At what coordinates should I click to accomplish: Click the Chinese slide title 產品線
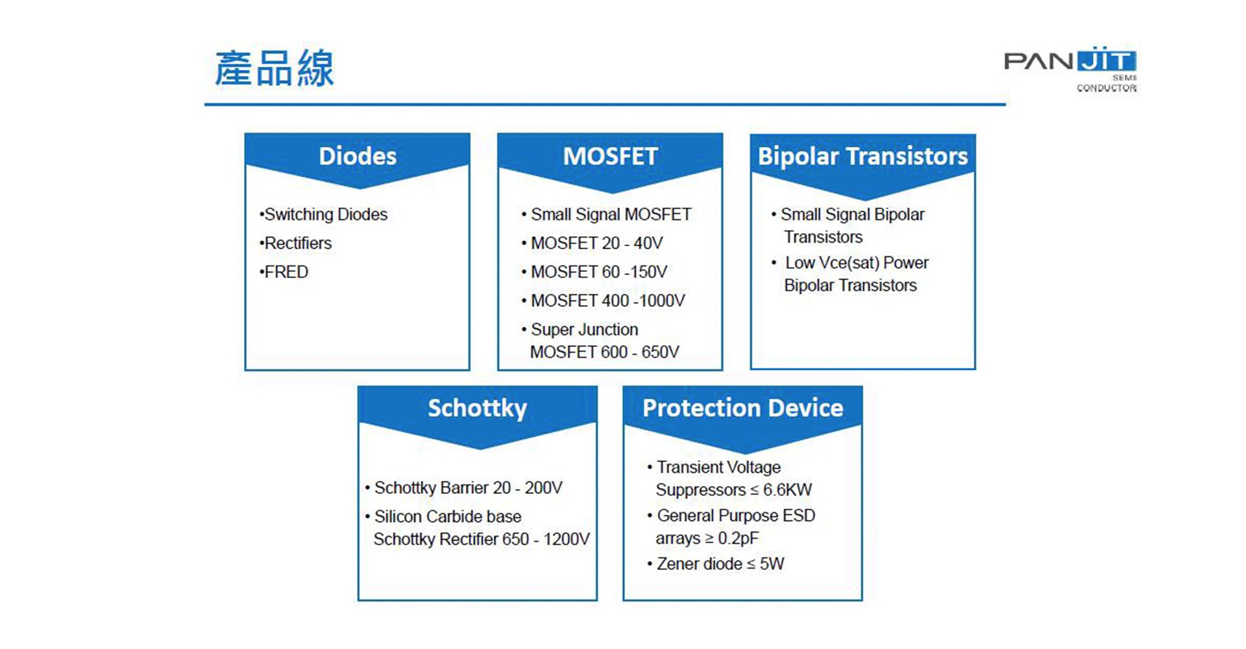pyautogui.click(x=275, y=68)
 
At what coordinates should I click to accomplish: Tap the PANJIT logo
pyautogui.click(x=1070, y=69)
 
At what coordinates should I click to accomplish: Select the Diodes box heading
pyautogui.click(x=358, y=156)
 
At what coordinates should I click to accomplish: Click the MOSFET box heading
pyautogui.click(x=610, y=156)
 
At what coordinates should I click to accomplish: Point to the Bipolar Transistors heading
pyautogui.click(x=862, y=156)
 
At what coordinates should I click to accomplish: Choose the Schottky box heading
pyautogui.click(x=477, y=409)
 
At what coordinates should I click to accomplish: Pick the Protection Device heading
pyautogui.click(x=742, y=408)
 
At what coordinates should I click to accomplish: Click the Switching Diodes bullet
pyautogui.click(x=323, y=214)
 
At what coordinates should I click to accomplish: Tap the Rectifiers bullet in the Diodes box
pyautogui.click(x=295, y=243)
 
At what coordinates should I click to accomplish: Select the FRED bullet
pyautogui.click(x=284, y=272)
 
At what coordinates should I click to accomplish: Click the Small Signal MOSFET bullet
pyautogui.click(x=606, y=214)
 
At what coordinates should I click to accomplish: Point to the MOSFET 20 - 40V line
pyautogui.click(x=592, y=243)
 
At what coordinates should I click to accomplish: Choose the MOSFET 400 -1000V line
pyautogui.click(x=603, y=300)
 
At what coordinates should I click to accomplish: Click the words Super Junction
pyautogui.click(x=584, y=329)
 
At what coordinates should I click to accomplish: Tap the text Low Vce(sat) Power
pyautogui.click(x=857, y=262)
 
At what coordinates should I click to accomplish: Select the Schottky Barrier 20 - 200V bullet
pyautogui.click(x=463, y=487)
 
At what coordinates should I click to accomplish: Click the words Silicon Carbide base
pyautogui.click(x=448, y=516)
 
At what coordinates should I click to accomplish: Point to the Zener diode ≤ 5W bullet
pyautogui.click(x=715, y=563)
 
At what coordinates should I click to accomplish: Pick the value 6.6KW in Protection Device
pyautogui.click(x=787, y=489)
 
